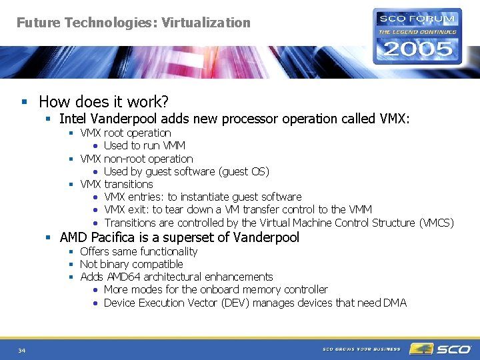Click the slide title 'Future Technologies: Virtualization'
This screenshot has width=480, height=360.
click(133, 23)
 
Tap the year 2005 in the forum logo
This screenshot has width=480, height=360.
click(417, 49)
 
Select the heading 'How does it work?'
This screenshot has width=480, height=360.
click(103, 101)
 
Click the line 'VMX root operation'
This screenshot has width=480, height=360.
click(125, 133)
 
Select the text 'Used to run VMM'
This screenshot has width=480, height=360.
click(145, 145)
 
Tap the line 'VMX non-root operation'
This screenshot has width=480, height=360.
click(136, 159)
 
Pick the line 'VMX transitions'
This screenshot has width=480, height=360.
click(117, 184)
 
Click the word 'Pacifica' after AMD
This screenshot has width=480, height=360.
click(115, 237)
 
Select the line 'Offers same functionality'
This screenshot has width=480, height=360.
click(139, 251)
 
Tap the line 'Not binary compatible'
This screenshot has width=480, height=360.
click(131, 264)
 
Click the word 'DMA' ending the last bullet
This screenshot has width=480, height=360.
click(395, 303)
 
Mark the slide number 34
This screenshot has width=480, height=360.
click(22, 351)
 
